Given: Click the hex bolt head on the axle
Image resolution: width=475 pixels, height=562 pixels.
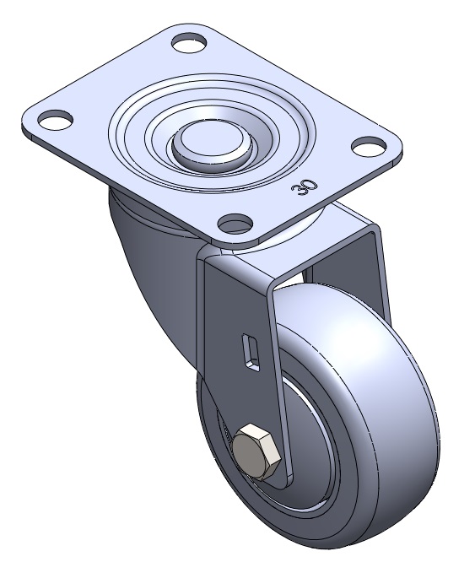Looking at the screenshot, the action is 256,452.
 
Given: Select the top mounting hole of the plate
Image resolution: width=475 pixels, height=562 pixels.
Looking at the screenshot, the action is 190,42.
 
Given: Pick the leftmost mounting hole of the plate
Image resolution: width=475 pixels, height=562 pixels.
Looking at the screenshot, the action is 56,119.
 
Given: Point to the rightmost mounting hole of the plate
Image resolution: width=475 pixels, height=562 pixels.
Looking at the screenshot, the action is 369,146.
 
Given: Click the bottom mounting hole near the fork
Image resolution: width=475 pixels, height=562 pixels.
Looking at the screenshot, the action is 235,223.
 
